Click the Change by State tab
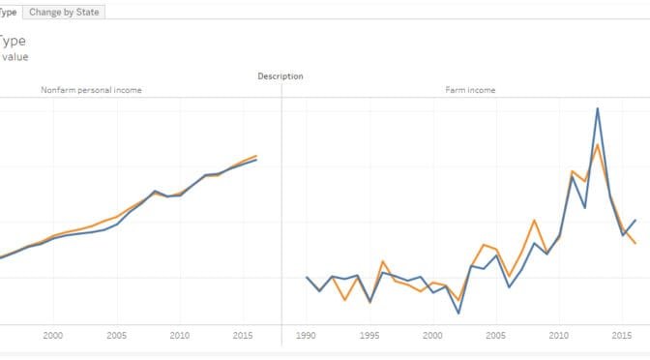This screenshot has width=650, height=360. coord(64,12)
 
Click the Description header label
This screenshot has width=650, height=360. coord(281,75)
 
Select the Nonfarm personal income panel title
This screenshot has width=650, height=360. coord(91,90)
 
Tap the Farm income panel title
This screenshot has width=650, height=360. coord(470,90)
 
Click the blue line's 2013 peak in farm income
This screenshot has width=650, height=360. coord(598,107)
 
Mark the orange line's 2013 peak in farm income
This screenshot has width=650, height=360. coord(598,144)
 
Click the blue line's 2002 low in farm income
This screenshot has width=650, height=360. coord(458,314)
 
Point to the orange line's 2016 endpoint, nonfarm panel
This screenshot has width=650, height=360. coord(256,155)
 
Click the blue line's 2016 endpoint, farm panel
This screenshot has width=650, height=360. coord(635,220)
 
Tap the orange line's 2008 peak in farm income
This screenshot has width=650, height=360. coord(534,220)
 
